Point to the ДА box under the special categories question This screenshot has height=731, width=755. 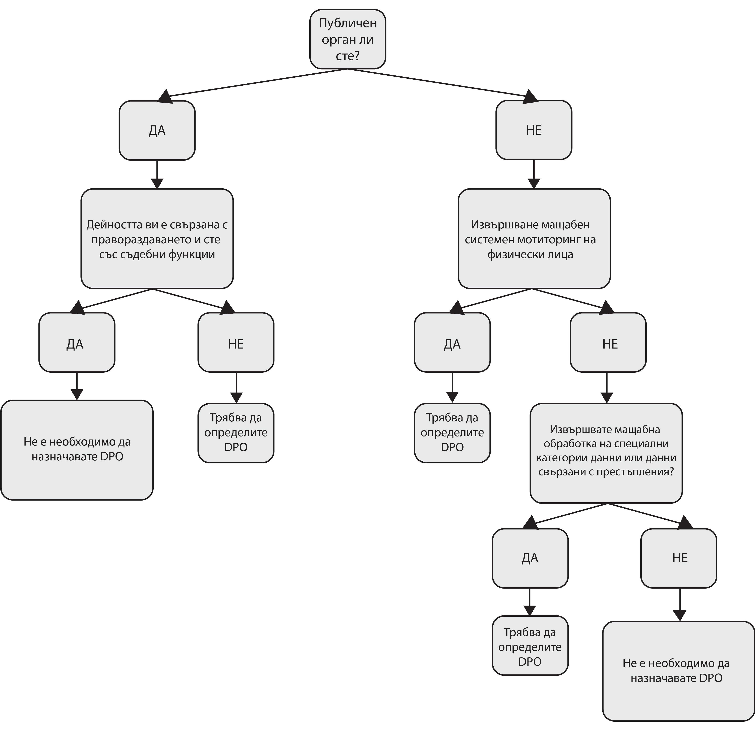(530, 558)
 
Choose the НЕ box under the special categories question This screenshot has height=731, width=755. (679, 558)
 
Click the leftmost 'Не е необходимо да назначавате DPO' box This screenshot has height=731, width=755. (77, 450)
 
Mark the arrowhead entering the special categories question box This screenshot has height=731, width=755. (607, 398)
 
